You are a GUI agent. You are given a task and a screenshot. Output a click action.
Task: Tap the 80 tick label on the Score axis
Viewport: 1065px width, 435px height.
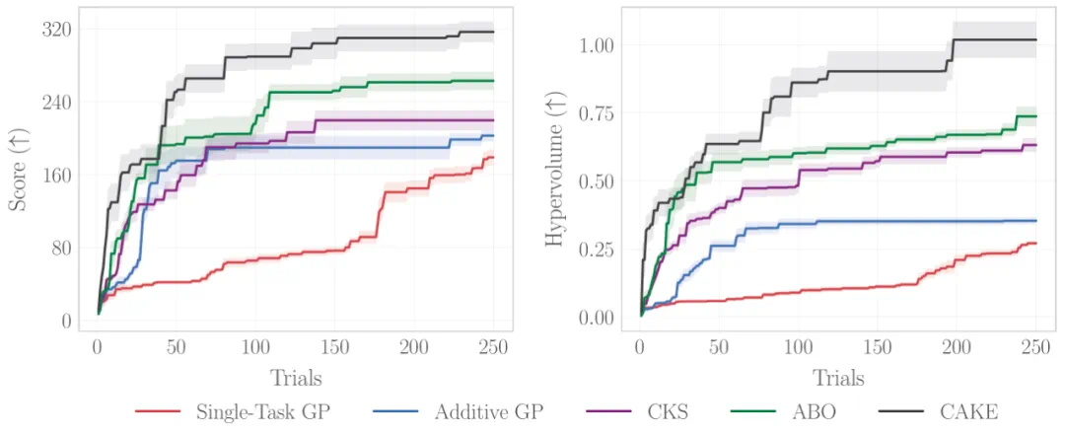[x=61, y=248]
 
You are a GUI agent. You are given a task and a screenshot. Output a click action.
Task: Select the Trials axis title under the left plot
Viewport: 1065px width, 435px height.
[x=296, y=378]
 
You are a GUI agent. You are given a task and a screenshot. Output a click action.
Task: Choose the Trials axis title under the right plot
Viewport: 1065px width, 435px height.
[x=838, y=378]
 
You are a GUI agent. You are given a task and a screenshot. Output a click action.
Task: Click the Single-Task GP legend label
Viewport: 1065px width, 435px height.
[x=260, y=412]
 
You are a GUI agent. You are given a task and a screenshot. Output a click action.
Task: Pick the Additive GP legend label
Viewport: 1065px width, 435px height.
[x=491, y=412]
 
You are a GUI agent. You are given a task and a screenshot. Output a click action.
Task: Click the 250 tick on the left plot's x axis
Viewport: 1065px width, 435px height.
[x=493, y=347]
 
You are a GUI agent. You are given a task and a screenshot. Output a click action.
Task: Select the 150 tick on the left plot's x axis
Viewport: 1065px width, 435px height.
[x=334, y=347]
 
